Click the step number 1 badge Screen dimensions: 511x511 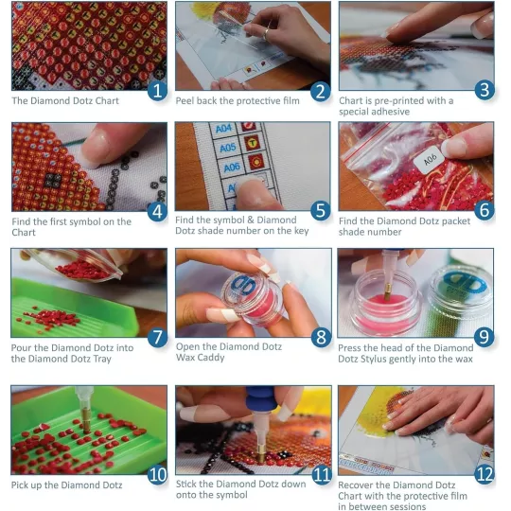pyautogui.click(x=157, y=91)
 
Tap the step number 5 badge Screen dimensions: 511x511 pyautogui.click(x=321, y=210)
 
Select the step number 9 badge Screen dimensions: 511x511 pyautogui.click(x=484, y=337)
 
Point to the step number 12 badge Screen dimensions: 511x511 pyautogui.click(x=485, y=474)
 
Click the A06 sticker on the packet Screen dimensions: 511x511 pyautogui.click(x=431, y=159)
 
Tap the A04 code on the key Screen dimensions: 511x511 pyautogui.click(x=223, y=129)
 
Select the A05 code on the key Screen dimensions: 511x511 pyautogui.click(x=227, y=148)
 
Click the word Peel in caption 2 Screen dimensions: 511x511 pyautogui.click(x=185, y=100)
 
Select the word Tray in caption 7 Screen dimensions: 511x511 pyautogui.click(x=102, y=359)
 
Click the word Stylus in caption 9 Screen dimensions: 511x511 pyautogui.click(x=372, y=360)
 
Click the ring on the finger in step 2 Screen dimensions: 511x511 pyautogui.click(x=266, y=33)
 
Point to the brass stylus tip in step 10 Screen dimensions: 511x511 pyautogui.click(x=86, y=421)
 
